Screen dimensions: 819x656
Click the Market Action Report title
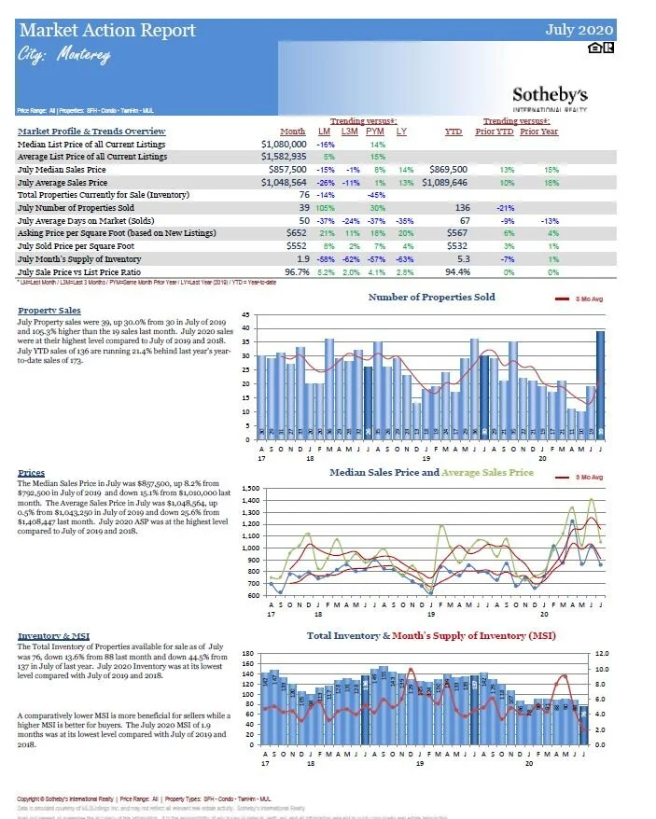point(108,31)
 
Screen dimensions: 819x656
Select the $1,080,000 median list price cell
point(284,145)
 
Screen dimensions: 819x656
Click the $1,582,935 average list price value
point(284,157)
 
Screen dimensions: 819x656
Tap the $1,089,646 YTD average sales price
point(442,183)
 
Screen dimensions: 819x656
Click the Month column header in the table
point(292,132)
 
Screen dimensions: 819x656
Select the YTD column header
point(455,132)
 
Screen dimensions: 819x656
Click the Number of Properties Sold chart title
point(431,298)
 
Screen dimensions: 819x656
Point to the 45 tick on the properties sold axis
point(244,315)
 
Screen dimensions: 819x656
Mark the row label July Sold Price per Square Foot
point(79,245)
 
